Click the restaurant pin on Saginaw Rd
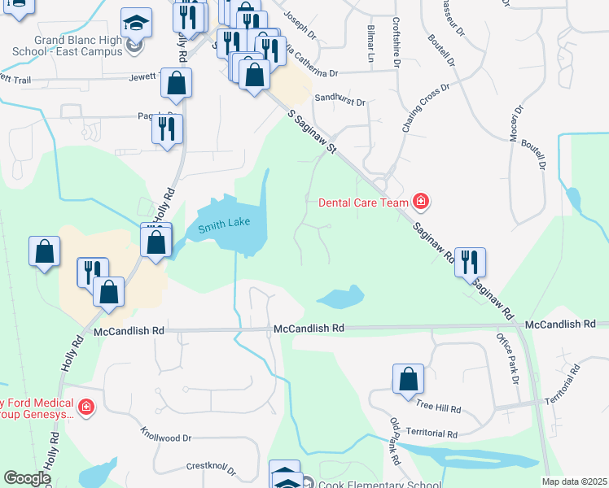coord(470,262)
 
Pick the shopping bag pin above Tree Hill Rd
coord(408,379)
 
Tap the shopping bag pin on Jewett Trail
coord(176,83)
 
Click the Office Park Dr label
coord(507,358)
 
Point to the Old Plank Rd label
coord(396,442)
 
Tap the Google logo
coord(27,478)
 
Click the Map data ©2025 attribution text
coord(575,481)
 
